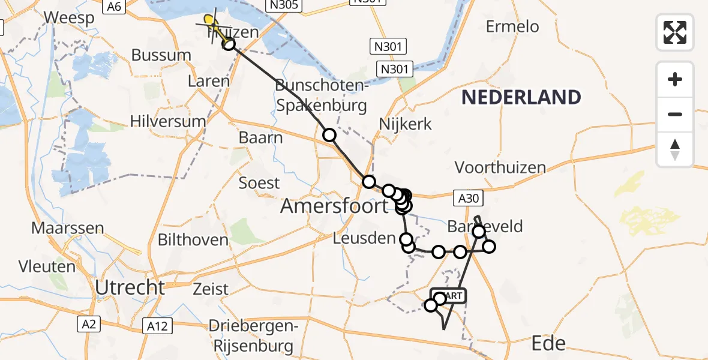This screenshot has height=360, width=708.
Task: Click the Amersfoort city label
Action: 335,206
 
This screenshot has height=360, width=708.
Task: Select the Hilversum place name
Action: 168,121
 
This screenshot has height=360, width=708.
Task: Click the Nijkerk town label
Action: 406,124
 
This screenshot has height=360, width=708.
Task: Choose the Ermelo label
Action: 512,26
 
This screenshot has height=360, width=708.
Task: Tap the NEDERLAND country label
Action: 521,97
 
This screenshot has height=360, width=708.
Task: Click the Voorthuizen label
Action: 500,167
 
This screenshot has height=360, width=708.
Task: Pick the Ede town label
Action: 549,343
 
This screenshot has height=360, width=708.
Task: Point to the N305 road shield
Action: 284,5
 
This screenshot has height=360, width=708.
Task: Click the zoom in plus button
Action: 675,79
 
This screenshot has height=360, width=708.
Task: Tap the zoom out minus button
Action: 675,114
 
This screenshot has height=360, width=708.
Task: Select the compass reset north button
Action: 675,149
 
